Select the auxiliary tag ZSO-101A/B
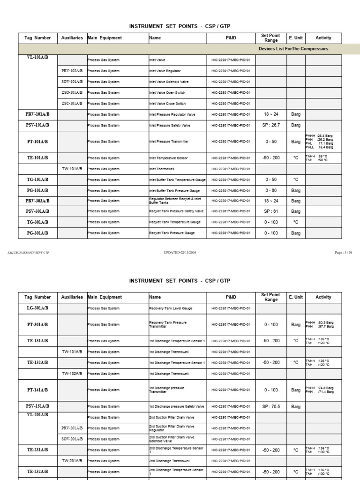tap(72, 93)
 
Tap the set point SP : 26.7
tap(271, 125)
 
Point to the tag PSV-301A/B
tap(37, 211)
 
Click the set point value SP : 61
tap(271, 211)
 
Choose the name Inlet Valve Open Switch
tap(167, 93)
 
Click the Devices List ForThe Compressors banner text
tap(293, 49)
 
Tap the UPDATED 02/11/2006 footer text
tap(180, 253)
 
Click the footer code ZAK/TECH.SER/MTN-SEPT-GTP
tap(29, 253)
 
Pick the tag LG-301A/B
tap(37, 308)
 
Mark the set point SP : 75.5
tap(271, 406)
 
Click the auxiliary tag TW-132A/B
tap(72, 374)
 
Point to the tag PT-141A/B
tap(37, 390)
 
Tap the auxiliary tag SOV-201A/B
tap(72, 439)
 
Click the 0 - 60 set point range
tap(271, 190)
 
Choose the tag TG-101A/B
tap(37, 180)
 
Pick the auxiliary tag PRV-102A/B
tap(72, 71)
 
